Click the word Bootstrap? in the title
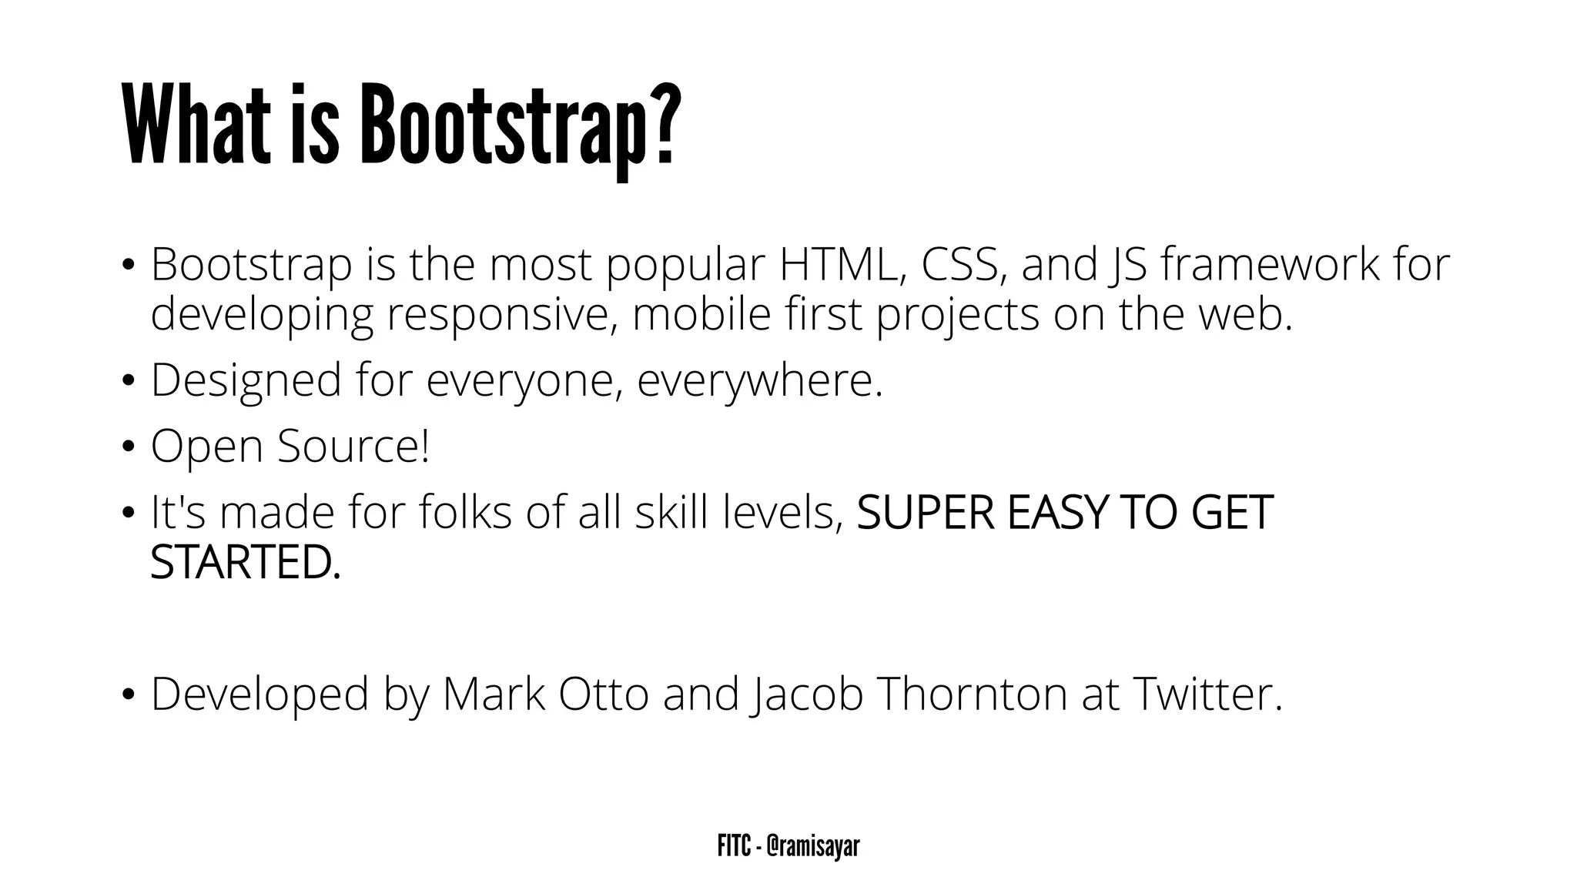pyautogui.click(x=521, y=127)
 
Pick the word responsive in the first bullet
pyautogui.click(x=500, y=315)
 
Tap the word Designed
pyautogui.click(x=246, y=381)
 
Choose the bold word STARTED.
pyautogui.click(x=245, y=563)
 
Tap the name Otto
pyautogui.click(x=603, y=694)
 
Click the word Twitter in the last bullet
pyautogui.click(x=1206, y=694)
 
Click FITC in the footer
pyautogui.click(x=733, y=847)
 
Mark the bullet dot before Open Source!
pyautogui.click(x=128, y=447)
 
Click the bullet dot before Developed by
pyautogui.click(x=128, y=695)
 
